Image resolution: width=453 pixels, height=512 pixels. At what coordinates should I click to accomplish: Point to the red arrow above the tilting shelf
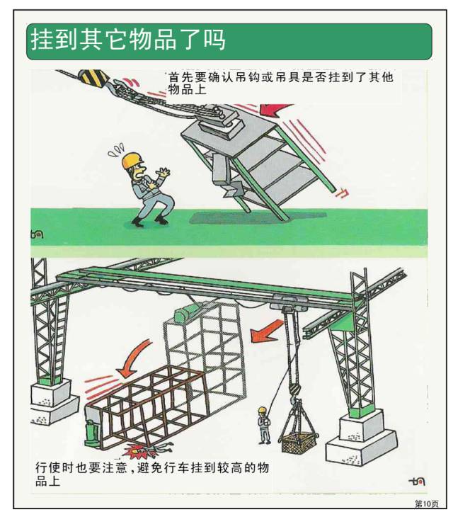pos(277,109)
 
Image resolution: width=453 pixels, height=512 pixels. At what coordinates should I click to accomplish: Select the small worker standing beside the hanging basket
pos(263,424)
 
